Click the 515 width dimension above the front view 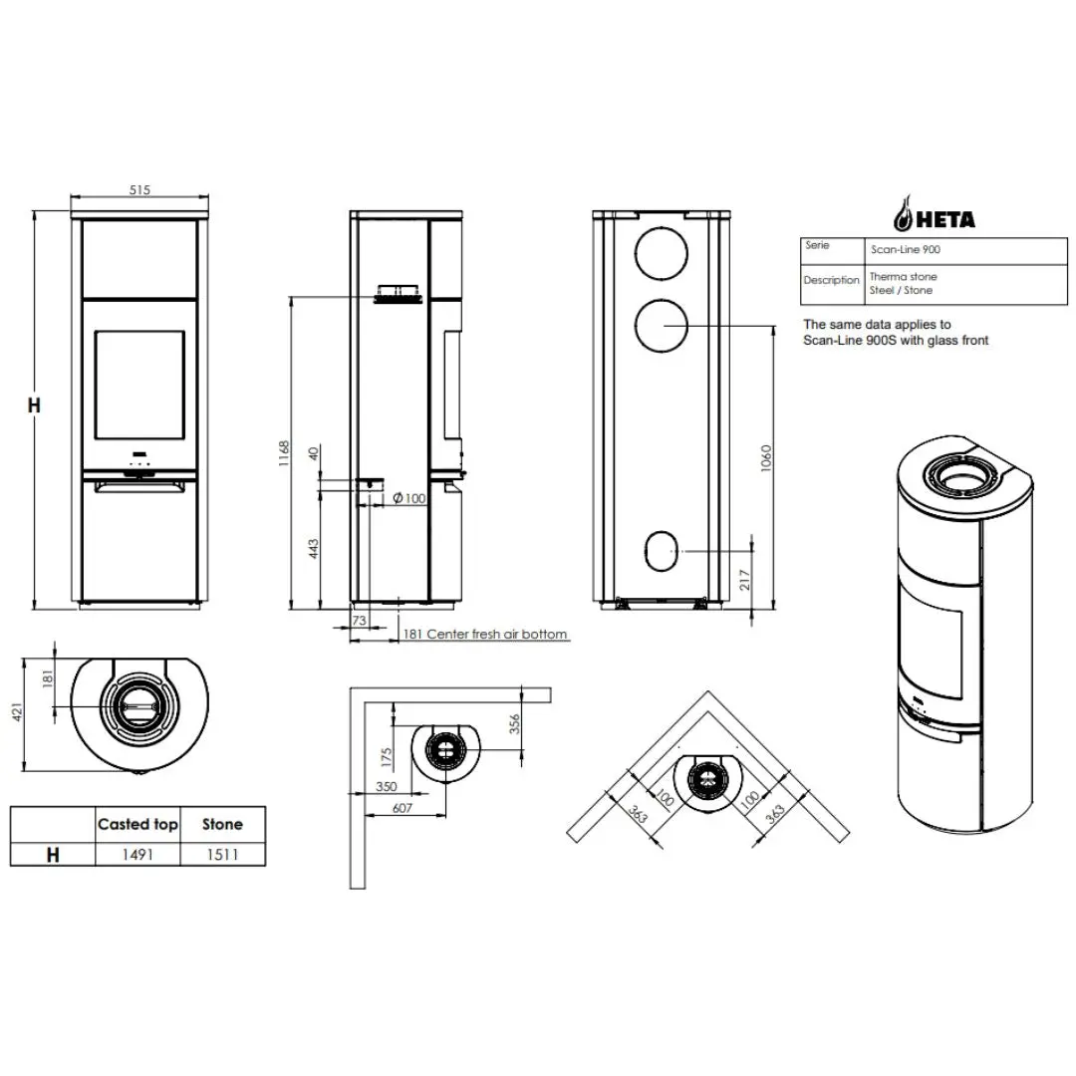pyautogui.click(x=139, y=189)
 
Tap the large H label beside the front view pyautogui.click(x=34, y=405)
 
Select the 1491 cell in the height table pyautogui.click(x=137, y=855)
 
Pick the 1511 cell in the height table pyautogui.click(x=222, y=855)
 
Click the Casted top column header pyautogui.click(x=137, y=824)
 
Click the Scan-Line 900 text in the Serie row pyautogui.click(x=905, y=250)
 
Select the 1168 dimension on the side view pyautogui.click(x=284, y=453)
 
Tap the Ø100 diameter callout pyautogui.click(x=409, y=498)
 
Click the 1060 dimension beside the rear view pyautogui.click(x=766, y=458)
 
